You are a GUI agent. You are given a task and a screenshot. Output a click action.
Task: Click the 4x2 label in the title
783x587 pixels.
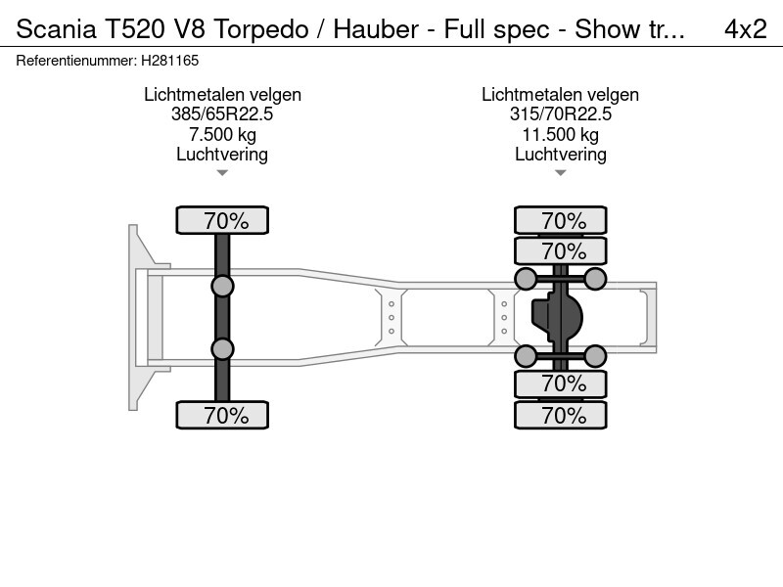[745, 29]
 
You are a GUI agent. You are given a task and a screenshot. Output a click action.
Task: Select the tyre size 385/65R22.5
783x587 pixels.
[222, 114]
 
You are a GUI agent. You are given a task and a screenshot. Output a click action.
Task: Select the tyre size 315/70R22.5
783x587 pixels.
[560, 114]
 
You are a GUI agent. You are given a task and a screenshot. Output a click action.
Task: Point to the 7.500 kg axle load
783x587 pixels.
[222, 134]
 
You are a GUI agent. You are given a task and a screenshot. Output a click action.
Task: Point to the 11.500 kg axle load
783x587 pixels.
[560, 134]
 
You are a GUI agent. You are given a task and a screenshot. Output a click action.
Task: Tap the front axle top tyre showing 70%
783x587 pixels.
[223, 221]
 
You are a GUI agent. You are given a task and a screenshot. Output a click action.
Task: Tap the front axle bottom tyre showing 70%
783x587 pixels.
[223, 415]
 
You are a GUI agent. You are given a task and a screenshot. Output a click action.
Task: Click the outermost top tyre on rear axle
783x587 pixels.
[561, 221]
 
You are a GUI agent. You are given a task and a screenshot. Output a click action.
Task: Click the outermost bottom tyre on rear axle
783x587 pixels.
[561, 415]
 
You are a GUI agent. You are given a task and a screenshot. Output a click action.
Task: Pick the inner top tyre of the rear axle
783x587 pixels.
[561, 249]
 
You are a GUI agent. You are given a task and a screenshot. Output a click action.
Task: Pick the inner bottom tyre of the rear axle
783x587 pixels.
[561, 384]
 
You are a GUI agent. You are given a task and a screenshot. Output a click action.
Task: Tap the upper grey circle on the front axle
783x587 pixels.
[222, 286]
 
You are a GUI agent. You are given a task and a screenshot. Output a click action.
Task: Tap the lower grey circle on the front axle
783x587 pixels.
[222, 348]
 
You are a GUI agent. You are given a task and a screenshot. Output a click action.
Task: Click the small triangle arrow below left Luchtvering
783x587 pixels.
[222, 173]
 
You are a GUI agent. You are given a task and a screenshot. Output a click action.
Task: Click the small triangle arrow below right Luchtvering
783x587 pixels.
[560, 173]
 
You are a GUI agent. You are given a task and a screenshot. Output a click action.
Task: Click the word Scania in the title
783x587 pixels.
[52, 29]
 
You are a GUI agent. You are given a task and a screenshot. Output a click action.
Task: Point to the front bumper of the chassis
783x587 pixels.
[137, 317]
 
